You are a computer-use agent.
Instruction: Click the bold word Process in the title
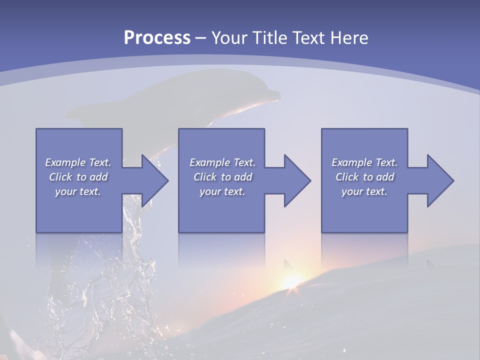tap(157, 37)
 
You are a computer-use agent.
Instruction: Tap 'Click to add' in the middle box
tap(222, 177)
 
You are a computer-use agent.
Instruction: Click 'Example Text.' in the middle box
tap(222, 162)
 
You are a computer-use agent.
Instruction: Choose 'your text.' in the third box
tap(364, 191)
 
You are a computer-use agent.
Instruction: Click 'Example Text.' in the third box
tap(364, 162)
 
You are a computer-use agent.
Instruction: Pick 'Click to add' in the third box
tap(364, 177)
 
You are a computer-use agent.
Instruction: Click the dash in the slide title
tap(200, 38)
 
